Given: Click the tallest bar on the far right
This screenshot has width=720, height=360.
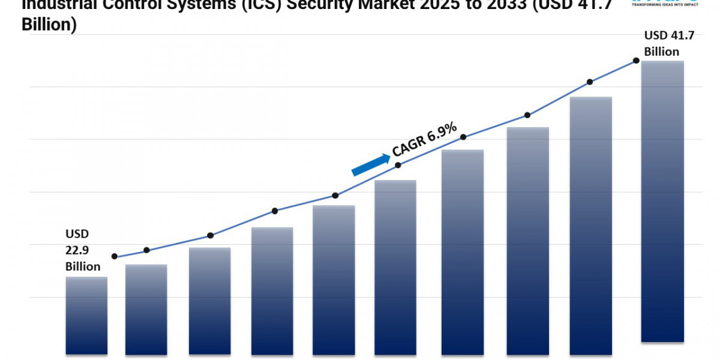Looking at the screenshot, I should [x=662, y=201].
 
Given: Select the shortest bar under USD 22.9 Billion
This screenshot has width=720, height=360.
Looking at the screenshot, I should [x=86, y=315].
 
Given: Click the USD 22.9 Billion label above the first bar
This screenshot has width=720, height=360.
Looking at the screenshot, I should [x=82, y=250].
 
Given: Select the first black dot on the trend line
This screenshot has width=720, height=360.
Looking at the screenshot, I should [x=115, y=256].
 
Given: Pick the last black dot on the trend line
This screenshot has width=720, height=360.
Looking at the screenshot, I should [x=635, y=61].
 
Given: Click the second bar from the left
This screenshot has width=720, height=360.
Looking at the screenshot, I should [x=146, y=309].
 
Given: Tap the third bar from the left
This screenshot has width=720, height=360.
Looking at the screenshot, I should [x=210, y=301].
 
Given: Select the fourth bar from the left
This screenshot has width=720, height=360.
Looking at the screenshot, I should [x=272, y=290].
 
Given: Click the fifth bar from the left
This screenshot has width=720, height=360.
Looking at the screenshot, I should [x=334, y=280].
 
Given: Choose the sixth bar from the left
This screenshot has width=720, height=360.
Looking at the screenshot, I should [x=395, y=267].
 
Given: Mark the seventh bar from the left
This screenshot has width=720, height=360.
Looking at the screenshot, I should [x=463, y=252].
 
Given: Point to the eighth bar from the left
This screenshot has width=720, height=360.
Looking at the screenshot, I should [x=528, y=241].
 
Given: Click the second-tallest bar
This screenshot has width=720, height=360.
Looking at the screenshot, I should [x=591, y=225].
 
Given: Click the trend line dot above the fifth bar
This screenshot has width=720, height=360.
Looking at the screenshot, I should [x=335, y=196].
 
